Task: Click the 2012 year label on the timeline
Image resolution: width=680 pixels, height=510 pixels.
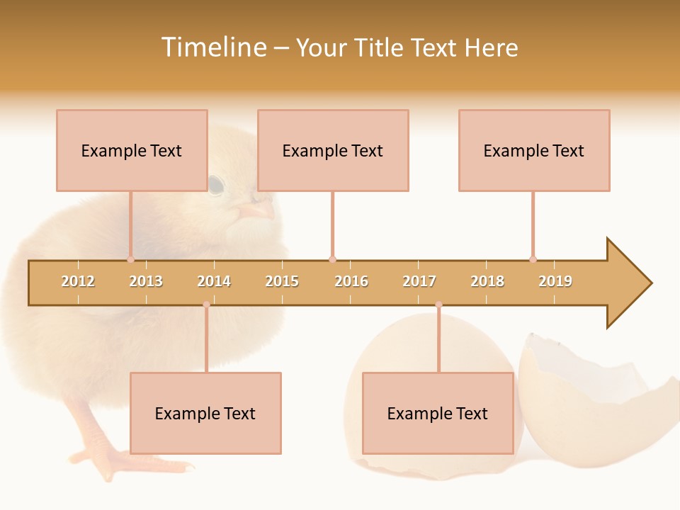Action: point(78,281)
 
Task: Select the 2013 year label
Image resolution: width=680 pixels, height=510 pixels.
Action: point(146,281)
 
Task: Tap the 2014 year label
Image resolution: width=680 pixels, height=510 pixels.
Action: point(214,281)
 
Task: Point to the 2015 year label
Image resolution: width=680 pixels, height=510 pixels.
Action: point(282,281)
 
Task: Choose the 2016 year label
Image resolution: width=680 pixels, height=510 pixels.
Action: point(351,281)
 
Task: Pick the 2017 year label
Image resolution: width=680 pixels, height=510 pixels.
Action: point(419,281)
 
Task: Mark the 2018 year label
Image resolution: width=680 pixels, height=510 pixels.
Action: point(487,281)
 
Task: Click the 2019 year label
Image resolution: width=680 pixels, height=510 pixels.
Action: point(555,281)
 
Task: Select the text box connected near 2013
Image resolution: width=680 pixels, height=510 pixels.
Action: point(132,150)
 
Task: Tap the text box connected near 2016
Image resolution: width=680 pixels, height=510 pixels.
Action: point(333,150)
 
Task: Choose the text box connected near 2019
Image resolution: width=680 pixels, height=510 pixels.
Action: point(534,150)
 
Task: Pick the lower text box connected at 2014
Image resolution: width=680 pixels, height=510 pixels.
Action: point(205,413)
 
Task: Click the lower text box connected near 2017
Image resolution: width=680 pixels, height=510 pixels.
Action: point(438,413)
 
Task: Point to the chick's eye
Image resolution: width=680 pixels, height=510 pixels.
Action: point(215,185)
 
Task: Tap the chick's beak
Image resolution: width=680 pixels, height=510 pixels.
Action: point(256,210)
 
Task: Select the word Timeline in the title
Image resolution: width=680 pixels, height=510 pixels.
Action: point(213,47)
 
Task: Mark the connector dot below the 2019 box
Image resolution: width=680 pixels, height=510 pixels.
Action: point(533,259)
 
